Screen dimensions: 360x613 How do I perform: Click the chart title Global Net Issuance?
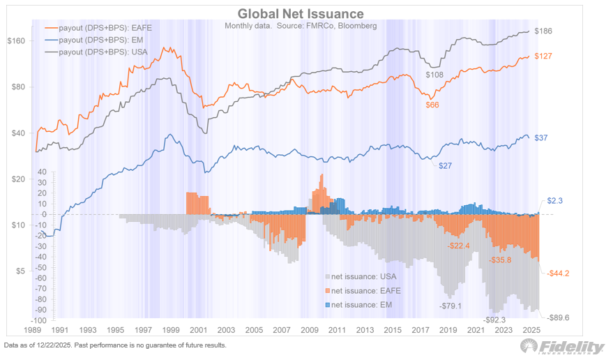[300, 13]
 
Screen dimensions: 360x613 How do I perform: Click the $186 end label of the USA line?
[543, 31]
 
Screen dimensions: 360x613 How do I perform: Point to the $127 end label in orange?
[543, 57]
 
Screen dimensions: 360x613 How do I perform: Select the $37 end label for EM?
[540, 138]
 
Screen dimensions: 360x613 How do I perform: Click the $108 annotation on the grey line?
[434, 74]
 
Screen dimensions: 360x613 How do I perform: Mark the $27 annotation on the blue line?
[444, 165]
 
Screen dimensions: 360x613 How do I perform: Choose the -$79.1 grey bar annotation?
[451, 305]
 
